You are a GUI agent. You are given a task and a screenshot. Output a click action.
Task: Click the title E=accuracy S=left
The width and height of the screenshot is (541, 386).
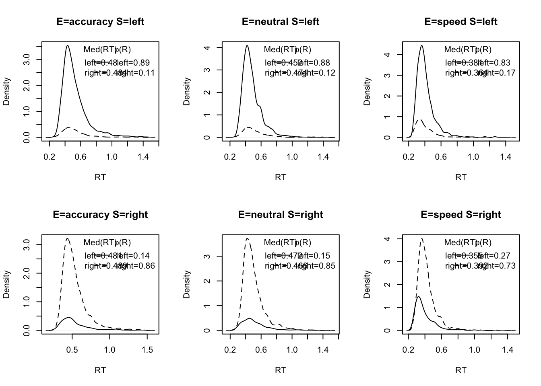[x=100, y=22]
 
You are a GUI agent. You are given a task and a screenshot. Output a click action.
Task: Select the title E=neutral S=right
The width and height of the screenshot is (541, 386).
[x=281, y=215]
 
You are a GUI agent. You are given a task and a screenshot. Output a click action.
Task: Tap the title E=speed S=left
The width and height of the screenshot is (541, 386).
[x=461, y=22]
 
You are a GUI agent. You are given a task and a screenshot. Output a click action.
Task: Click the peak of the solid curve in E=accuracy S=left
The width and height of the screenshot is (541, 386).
[x=68, y=45]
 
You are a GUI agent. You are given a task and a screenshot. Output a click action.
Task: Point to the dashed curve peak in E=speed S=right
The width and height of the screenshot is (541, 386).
[x=422, y=238]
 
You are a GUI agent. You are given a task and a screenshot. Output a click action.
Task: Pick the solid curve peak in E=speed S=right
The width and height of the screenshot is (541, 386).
[x=419, y=297]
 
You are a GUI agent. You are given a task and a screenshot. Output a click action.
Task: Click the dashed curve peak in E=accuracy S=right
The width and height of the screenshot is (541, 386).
[x=68, y=238]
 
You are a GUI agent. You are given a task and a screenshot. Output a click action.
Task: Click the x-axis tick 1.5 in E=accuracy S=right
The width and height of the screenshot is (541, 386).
[x=147, y=350]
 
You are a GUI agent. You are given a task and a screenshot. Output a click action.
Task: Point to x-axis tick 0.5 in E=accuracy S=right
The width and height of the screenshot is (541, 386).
[x=72, y=350]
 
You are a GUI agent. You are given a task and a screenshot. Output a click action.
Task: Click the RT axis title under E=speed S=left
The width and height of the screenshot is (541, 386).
[x=461, y=177]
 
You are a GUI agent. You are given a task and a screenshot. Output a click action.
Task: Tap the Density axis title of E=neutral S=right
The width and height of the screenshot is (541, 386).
[x=186, y=284]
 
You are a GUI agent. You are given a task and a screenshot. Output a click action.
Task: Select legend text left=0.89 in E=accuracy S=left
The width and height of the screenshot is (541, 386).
[x=134, y=63]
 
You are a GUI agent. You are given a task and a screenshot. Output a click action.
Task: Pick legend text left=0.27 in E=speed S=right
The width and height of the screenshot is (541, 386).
[x=494, y=256]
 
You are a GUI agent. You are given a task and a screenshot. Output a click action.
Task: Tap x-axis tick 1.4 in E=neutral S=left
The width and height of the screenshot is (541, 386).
[x=323, y=157]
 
